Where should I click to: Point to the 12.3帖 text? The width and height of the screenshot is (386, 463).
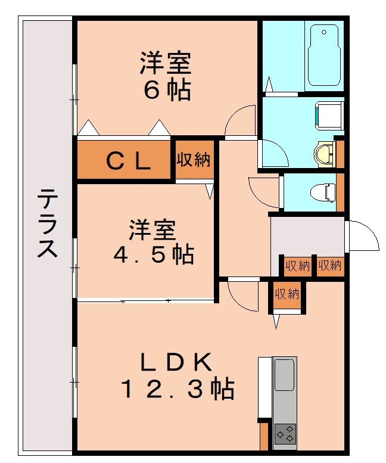point(177,390)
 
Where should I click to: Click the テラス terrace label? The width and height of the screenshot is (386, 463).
point(48,223)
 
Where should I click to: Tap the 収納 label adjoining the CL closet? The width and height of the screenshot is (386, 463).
point(194,160)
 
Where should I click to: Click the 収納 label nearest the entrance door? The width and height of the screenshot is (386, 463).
point(329,266)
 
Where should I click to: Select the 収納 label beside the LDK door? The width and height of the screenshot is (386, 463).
point(286,293)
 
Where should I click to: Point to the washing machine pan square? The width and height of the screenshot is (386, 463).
point(329,114)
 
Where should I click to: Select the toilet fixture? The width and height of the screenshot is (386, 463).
point(324,192)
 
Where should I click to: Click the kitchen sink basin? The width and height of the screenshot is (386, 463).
point(285,375)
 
